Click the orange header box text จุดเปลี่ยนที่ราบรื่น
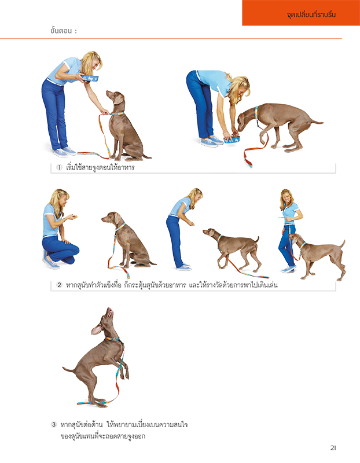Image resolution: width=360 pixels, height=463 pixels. pos(311,14)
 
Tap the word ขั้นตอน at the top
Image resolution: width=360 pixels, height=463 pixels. pos(61,31)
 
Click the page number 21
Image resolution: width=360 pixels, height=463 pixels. pos(333,447)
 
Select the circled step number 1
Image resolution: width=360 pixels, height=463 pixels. pos(60,167)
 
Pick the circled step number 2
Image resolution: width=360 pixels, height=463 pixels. pos(60,285)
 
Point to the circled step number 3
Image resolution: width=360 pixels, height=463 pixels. pos(54,425)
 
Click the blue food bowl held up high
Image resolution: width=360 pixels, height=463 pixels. pos(90,78)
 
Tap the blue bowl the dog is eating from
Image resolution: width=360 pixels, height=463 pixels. pos(232,139)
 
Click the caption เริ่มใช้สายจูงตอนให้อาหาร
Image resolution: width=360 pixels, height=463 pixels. pos(100,167)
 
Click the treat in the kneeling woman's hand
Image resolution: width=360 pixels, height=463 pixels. pos(76,216)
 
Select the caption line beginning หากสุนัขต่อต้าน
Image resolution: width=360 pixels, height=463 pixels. pos(124,425)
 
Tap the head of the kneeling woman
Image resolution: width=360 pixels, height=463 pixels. pos(61,199)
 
